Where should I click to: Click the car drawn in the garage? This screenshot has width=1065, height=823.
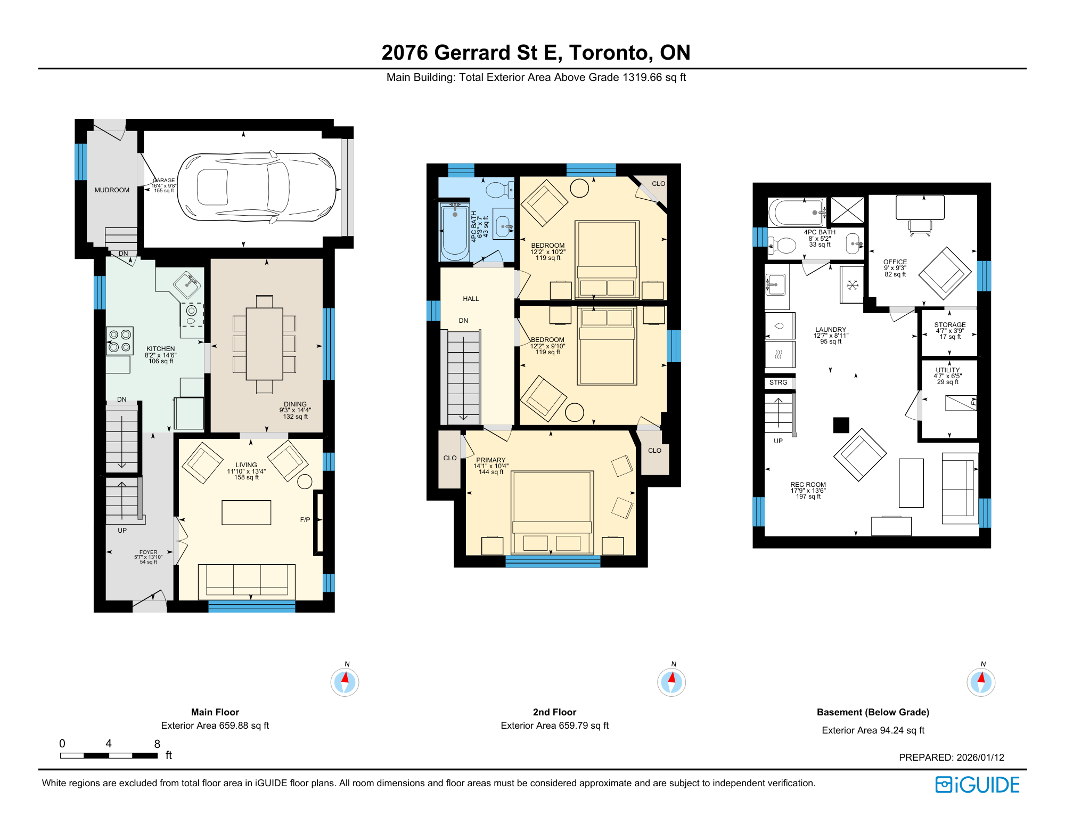click(257, 186)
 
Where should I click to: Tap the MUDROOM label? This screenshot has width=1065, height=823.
click(112, 190)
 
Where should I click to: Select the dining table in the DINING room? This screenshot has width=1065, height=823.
click(264, 344)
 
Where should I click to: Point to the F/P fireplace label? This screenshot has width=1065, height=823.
click(305, 520)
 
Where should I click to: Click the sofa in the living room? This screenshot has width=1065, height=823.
click(247, 582)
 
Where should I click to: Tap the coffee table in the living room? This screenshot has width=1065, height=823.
click(246, 512)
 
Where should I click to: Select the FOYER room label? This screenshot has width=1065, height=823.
click(149, 552)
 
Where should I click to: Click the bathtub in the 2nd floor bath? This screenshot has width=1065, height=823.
click(455, 232)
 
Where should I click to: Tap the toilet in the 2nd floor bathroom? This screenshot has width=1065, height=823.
click(500, 190)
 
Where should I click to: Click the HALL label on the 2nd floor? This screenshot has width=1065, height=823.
click(471, 299)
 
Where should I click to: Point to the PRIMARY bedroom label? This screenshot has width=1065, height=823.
click(491, 460)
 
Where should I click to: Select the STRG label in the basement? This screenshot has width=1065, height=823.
click(778, 382)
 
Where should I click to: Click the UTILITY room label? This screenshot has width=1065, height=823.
click(948, 370)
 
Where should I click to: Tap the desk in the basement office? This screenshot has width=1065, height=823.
click(920, 207)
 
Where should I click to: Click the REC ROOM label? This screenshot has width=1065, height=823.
click(808, 485)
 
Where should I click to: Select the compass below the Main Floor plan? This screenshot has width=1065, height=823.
click(345, 682)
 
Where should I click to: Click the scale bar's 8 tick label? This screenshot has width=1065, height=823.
click(157, 744)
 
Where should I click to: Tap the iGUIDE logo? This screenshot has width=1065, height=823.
click(978, 785)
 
